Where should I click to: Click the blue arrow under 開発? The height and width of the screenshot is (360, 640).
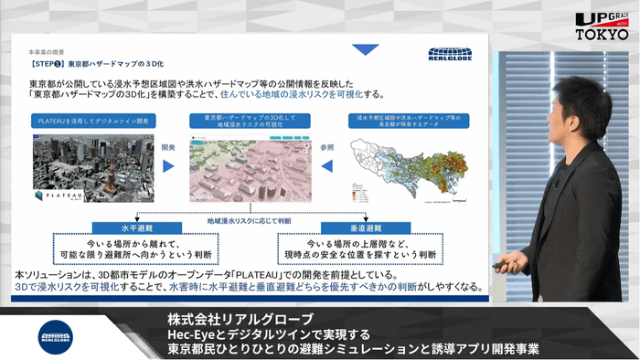click(x=168, y=166)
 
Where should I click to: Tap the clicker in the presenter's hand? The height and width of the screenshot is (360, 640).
click(x=502, y=267)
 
